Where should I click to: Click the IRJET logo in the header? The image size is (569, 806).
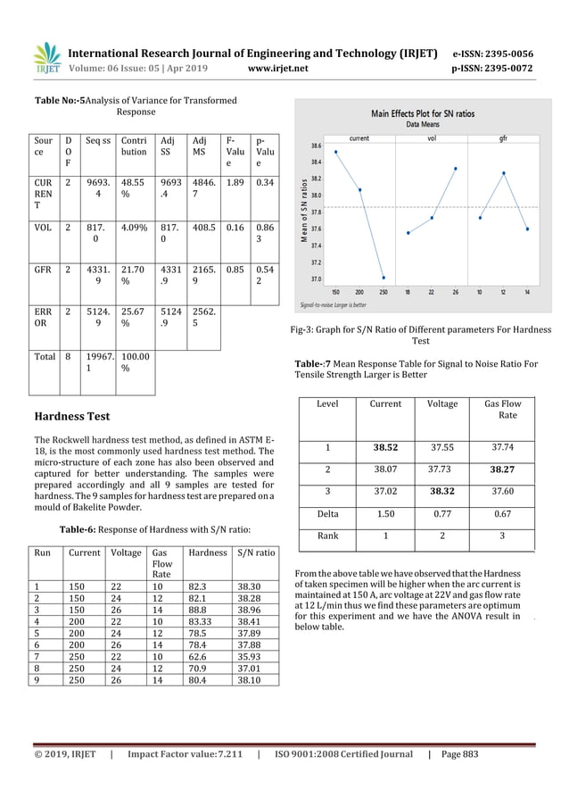(x=47, y=59)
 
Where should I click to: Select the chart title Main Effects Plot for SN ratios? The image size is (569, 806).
(x=424, y=114)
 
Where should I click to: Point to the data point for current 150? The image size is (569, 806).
(x=335, y=152)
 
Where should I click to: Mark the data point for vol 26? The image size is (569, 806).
(x=456, y=168)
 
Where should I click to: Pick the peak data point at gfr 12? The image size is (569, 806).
(x=504, y=172)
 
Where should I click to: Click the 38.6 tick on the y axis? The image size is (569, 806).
(x=317, y=145)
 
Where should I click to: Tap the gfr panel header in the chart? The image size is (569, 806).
(x=504, y=138)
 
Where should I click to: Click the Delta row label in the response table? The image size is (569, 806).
(x=327, y=513)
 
